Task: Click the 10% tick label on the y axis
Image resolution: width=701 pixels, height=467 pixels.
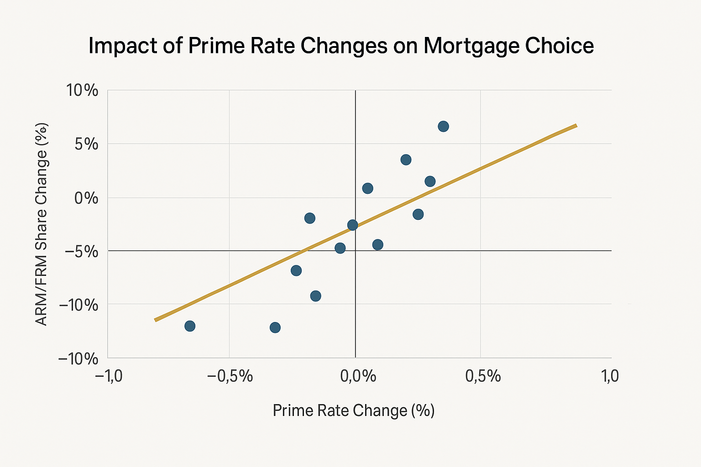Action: click(x=82, y=90)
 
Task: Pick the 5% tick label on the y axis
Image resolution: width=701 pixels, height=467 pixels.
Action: click(x=87, y=144)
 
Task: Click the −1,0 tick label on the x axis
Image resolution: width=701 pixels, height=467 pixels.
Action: click(x=108, y=377)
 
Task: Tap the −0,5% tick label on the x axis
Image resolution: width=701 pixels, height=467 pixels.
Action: click(x=230, y=377)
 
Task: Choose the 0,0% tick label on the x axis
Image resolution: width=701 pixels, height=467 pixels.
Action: click(x=355, y=377)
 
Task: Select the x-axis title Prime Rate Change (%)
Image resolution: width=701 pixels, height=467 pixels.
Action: click(x=354, y=410)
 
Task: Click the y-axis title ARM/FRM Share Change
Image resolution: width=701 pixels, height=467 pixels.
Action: click(x=42, y=223)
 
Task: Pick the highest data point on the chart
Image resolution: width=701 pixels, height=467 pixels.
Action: click(x=443, y=126)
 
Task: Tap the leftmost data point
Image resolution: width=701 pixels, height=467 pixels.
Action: click(x=190, y=326)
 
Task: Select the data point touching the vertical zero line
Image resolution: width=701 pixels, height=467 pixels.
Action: click(x=352, y=225)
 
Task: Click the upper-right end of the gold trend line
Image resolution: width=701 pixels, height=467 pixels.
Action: click(x=576, y=125)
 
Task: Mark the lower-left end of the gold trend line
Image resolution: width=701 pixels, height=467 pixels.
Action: click(x=156, y=320)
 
